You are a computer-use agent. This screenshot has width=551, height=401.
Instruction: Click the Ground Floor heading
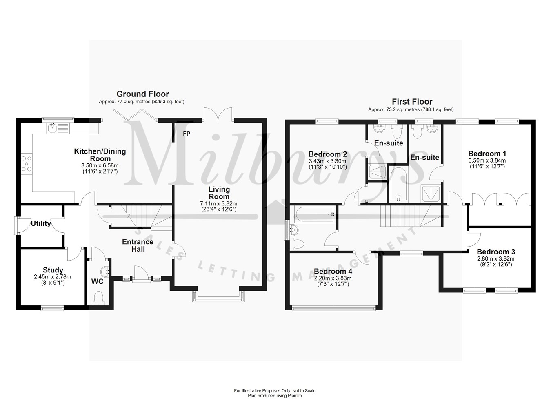[142, 94]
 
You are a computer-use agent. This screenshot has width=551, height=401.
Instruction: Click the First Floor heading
[412, 102]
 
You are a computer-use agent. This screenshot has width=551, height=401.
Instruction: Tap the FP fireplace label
[186, 134]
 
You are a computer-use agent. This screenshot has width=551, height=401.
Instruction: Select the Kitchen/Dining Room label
[100, 155]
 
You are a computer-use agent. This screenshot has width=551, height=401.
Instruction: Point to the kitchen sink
[53, 128]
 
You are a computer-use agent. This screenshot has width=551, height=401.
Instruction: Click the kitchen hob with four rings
[27, 163]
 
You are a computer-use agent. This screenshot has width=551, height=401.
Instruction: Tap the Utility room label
[41, 223]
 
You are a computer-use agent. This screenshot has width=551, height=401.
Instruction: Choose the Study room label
[53, 270]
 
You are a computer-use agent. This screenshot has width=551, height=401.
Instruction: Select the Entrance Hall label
[138, 245]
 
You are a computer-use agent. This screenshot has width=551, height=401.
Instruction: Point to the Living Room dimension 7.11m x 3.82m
[219, 203]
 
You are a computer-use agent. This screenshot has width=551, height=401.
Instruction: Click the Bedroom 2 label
[328, 154]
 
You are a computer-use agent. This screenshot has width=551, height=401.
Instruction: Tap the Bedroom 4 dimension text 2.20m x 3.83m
[333, 278]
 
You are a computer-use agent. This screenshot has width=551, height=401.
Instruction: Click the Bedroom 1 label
[487, 154]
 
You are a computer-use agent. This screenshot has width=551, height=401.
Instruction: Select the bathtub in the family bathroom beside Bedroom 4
[314, 214]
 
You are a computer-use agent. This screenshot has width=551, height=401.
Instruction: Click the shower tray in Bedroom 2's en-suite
[376, 172]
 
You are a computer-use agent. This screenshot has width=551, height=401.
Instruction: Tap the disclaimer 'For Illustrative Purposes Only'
[275, 391]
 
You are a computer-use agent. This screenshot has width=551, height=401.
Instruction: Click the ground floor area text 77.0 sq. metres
[141, 102]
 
